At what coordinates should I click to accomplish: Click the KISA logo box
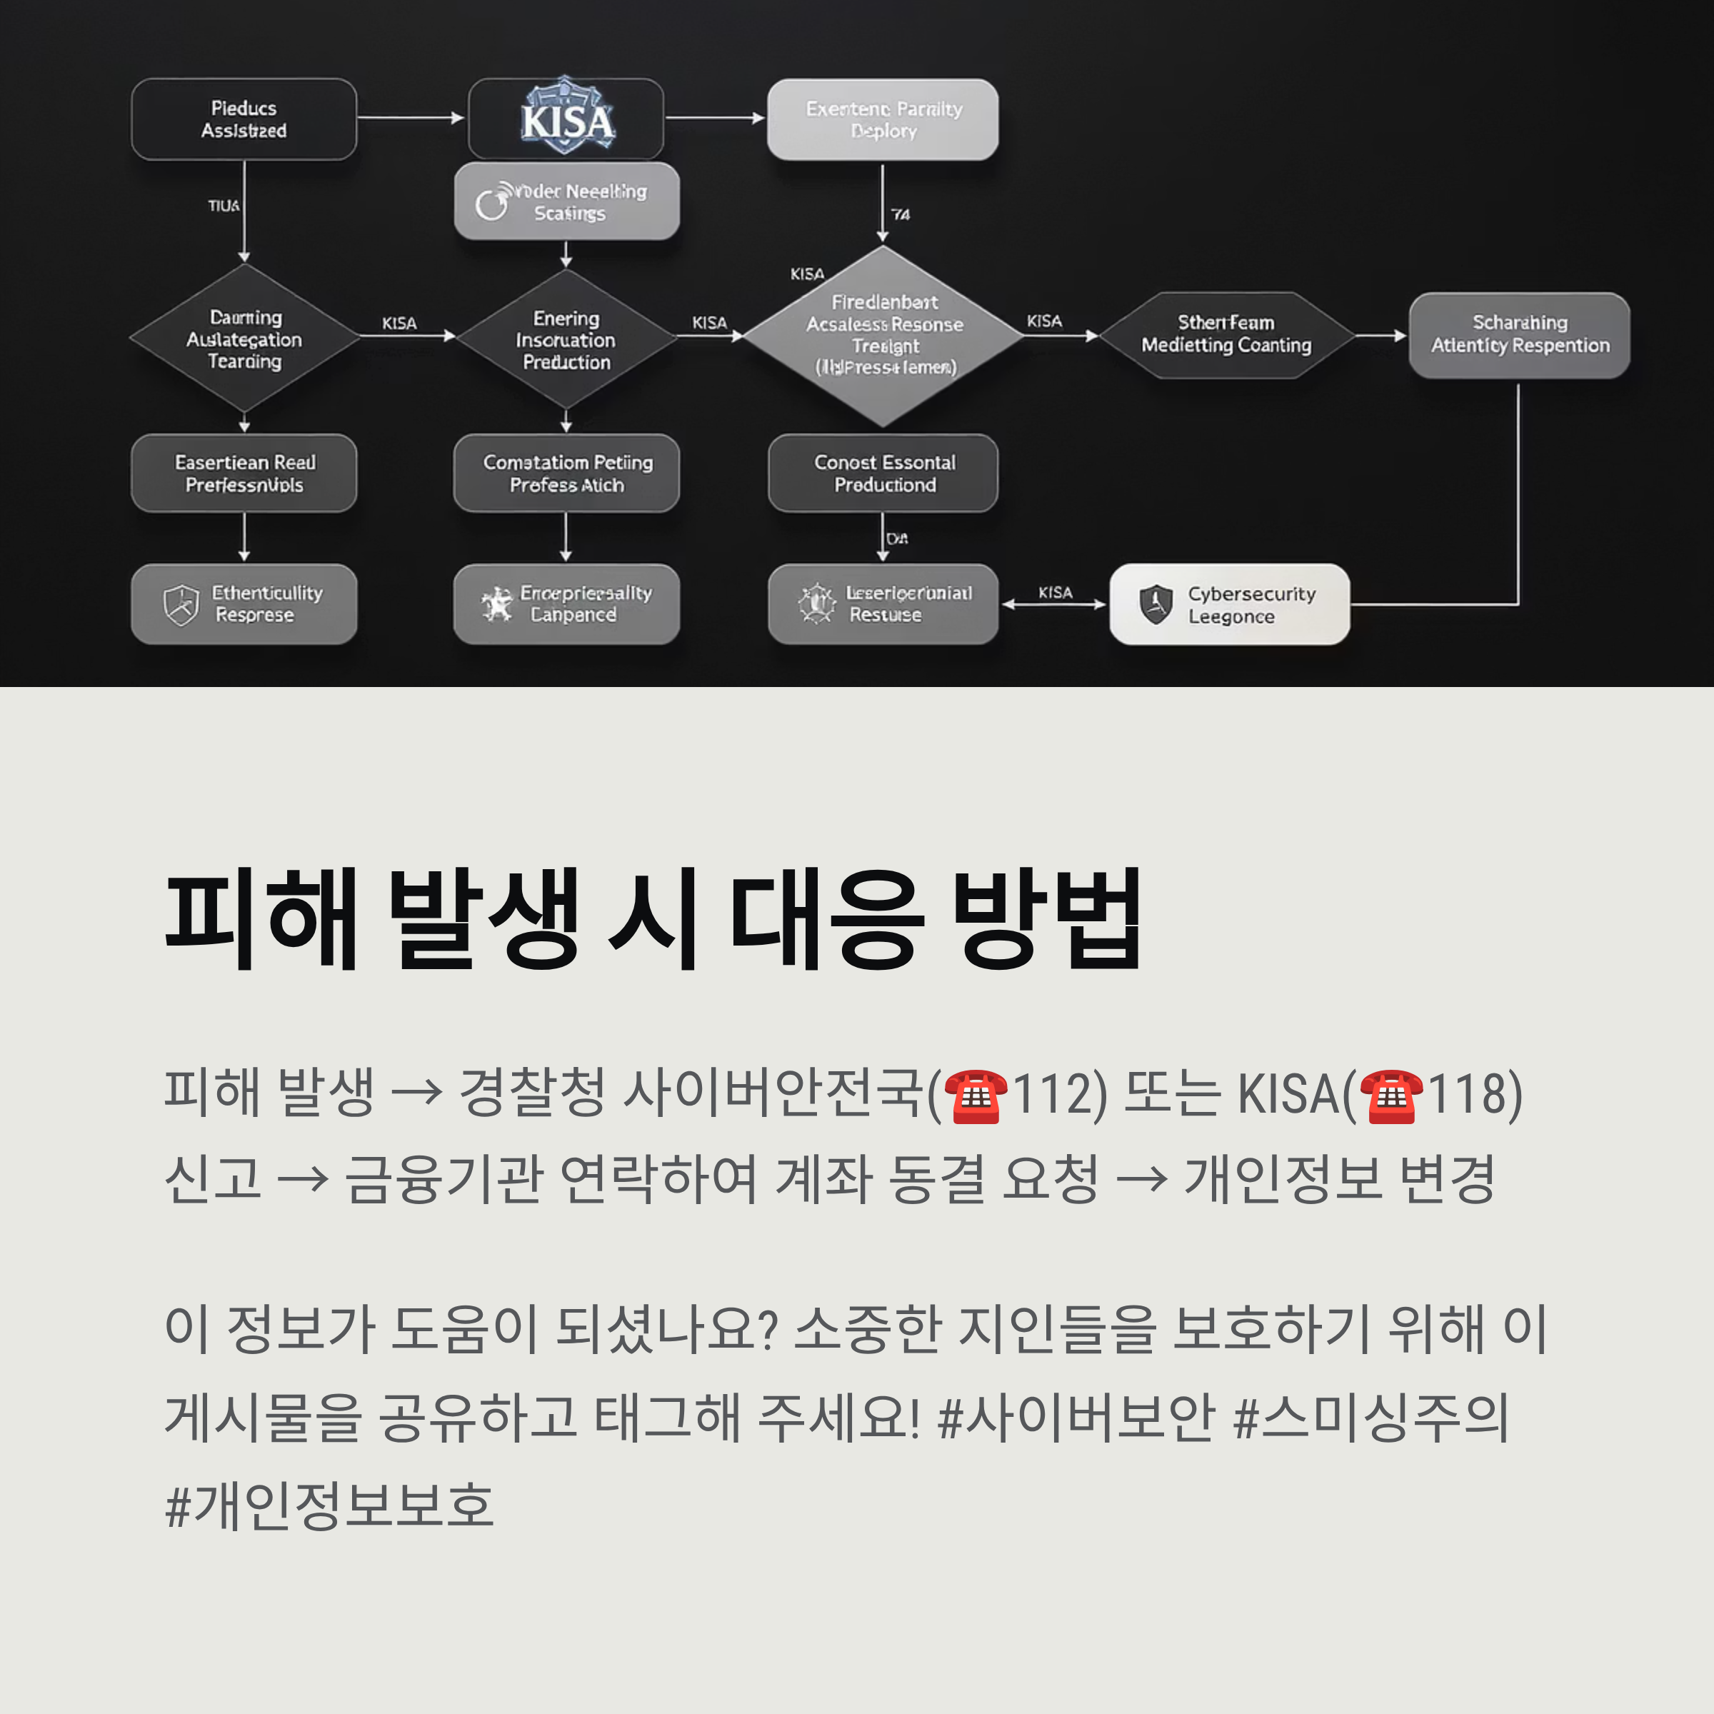566,119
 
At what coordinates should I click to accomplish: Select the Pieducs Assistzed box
244,119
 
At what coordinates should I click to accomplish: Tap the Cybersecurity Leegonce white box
1230,604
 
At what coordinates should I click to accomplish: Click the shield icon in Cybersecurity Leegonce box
1155,604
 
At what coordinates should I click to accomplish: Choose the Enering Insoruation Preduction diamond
566,340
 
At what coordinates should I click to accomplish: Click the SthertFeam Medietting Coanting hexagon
1226,334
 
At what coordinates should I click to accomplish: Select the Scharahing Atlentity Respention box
1519,334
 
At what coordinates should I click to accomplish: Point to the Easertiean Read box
244,473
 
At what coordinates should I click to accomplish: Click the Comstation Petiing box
566,473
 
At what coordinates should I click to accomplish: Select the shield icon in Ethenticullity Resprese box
181,605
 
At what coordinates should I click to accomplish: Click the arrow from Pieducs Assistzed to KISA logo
411,117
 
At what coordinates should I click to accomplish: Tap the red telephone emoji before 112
975,1096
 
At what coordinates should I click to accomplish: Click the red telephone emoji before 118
1390,1096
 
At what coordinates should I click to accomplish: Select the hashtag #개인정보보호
329,1505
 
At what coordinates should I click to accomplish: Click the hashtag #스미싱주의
1370,1417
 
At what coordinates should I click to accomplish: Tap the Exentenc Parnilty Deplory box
883,119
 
